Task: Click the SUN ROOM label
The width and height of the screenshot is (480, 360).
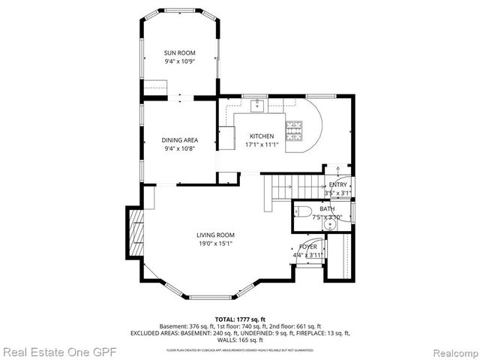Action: [x=179, y=52]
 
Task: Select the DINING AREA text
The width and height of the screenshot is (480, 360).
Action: [x=179, y=140]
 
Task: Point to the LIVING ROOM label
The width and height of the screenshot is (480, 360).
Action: [x=216, y=235]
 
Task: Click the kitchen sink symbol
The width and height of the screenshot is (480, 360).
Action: [x=257, y=104]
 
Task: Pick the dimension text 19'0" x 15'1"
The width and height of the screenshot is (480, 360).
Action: [x=216, y=243]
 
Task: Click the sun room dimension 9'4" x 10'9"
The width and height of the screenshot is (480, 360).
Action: [x=179, y=61]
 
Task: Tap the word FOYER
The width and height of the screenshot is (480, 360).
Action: [x=308, y=247]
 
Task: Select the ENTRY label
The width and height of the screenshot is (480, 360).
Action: [x=337, y=184]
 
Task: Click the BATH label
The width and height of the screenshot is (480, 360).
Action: [x=327, y=208]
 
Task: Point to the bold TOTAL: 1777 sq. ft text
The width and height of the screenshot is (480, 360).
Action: [x=240, y=319]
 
